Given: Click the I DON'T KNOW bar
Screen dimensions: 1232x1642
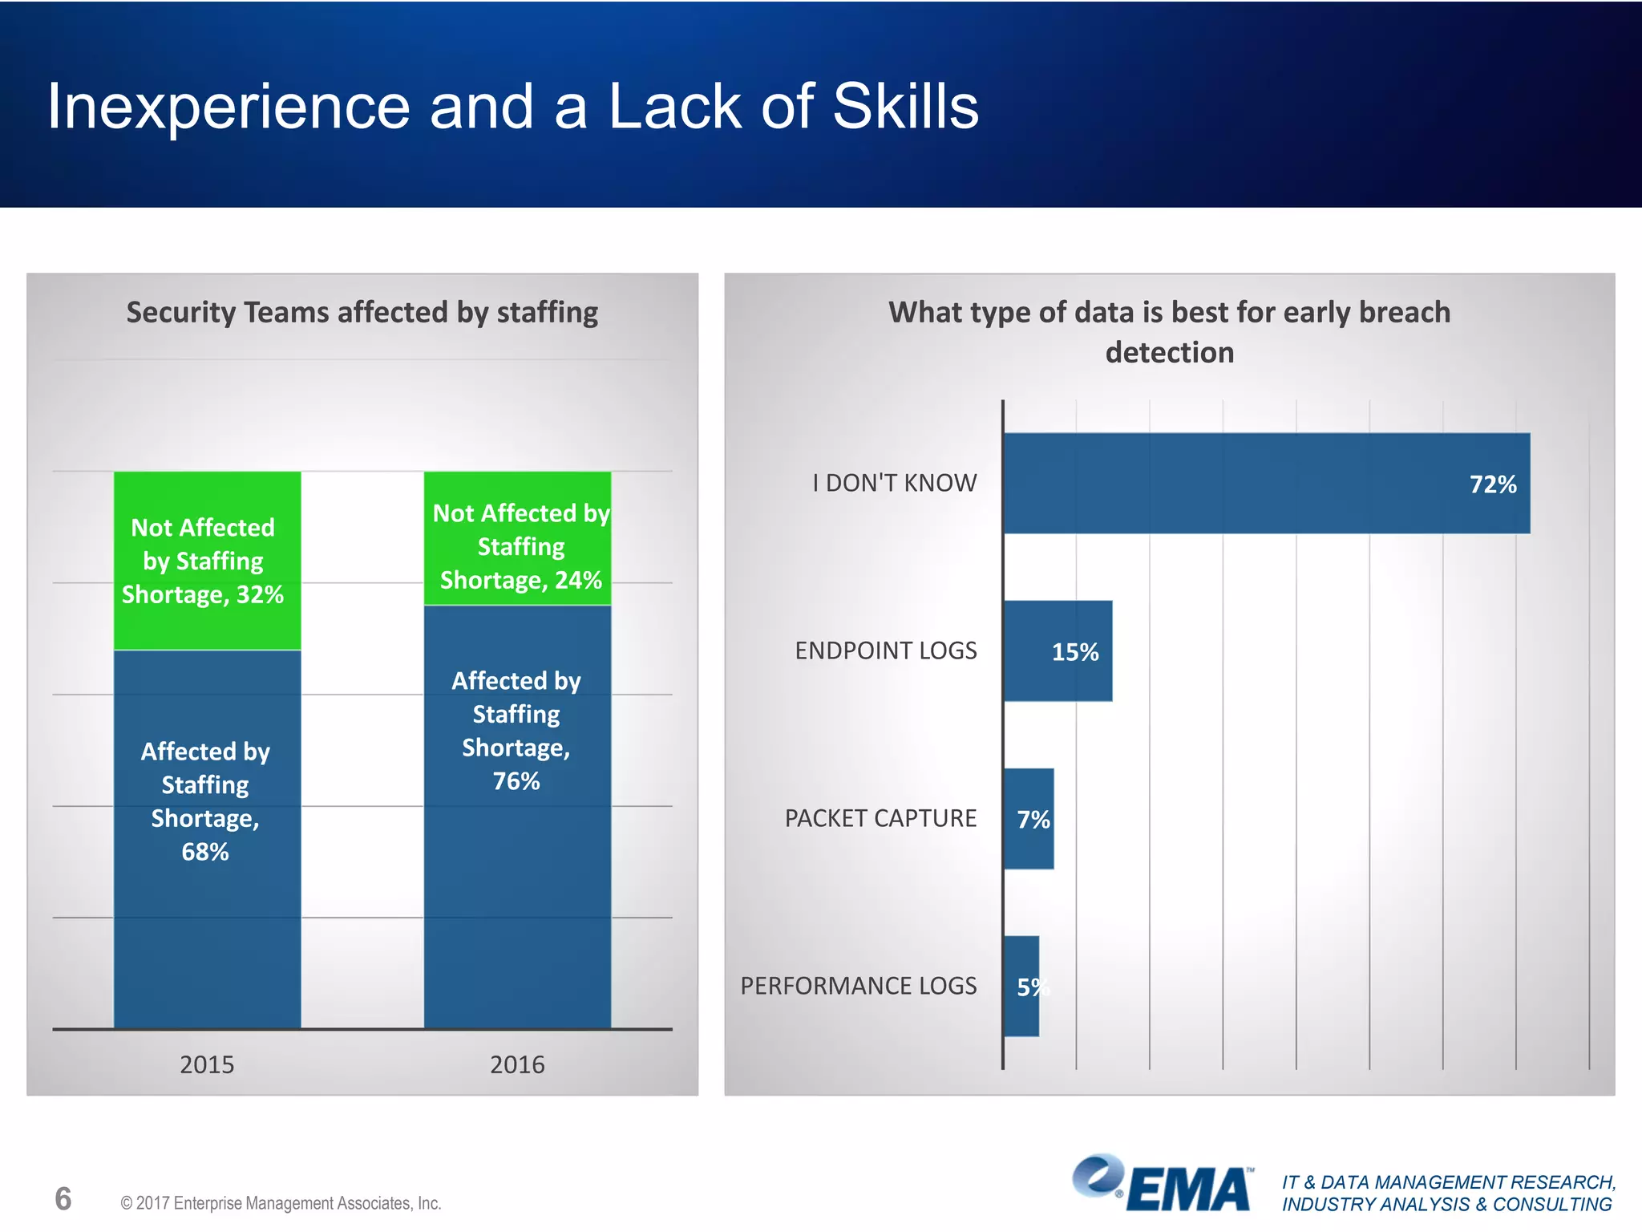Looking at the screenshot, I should pyautogui.click(x=1267, y=483).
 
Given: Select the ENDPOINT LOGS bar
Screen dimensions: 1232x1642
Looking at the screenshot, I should pyautogui.click(x=1058, y=650).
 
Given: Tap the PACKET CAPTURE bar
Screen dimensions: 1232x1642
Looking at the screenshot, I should pyautogui.click(x=1029, y=818).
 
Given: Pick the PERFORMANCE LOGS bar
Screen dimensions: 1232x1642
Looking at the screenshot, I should pyautogui.click(x=1021, y=986).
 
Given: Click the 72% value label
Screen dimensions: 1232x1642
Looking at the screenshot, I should pyautogui.click(x=1492, y=484).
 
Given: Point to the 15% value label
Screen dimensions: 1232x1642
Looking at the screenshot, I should pyautogui.click(x=1074, y=652).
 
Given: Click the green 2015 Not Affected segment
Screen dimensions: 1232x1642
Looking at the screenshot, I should pyautogui.click(x=207, y=560).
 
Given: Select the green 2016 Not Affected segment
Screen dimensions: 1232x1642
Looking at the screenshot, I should pyautogui.click(x=517, y=537).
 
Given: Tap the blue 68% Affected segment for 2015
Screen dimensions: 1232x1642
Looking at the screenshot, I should pyautogui.click(x=207, y=838).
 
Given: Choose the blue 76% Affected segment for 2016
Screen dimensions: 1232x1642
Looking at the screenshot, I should pyautogui.click(x=517, y=816).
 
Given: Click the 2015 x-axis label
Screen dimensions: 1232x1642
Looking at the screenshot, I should pyautogui.click(x=207, y=1064).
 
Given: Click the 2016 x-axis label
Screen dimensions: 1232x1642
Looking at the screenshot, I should pyautogui.click(x=517, y=1064).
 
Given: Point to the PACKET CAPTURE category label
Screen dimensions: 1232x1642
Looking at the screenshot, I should pyautogui.click(x=880, y=818).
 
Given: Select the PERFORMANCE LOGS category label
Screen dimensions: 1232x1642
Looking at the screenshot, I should pyautogui.click(x=858, y=986).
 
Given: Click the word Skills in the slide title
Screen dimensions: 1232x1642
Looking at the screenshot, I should pyautogui.click(x=905, y=107).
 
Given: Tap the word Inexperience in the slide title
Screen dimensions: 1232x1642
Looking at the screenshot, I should pyautogui.click(x=229, y=107).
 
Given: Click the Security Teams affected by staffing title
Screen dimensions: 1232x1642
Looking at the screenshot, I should pyautogui.click(x=362, y=312).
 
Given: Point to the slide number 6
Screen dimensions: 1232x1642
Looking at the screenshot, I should pyautogui.click(x=63, y=1198).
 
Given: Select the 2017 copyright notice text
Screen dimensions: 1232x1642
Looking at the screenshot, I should pyautogui.click(x=281, y=1203).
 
